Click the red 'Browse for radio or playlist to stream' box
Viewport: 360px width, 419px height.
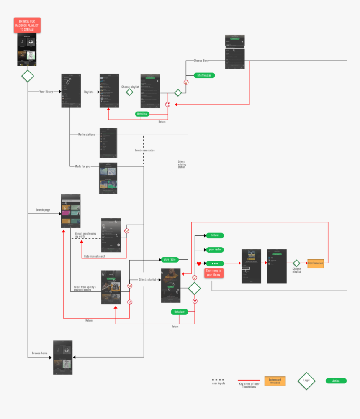click(27, 25)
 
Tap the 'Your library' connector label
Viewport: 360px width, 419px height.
click(46, 92)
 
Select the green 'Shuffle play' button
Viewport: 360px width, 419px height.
click(204, 75)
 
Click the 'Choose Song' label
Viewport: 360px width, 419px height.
click(201, 61)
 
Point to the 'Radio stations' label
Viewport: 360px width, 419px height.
click(86, 135)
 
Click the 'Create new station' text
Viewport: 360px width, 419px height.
click(145, 150)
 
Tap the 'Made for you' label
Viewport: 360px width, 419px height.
click(82, 166)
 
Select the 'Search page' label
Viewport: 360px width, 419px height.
click(43, 210)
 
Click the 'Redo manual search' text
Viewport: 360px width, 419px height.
click(95, 256)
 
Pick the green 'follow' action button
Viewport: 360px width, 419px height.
click(215, 235)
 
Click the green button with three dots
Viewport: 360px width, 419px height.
click(215, 263)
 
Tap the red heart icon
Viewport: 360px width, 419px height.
click(199, 263)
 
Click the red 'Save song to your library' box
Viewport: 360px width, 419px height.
click(214, 273)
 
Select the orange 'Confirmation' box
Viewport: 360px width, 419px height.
click(315, 263)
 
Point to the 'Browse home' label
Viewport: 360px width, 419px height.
click(40, 353)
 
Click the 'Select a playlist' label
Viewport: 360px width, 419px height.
click(147, 279)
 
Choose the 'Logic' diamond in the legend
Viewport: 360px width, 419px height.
click(306, 381)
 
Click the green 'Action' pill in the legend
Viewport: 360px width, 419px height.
click(336, 381)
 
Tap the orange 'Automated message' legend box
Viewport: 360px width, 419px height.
click(275, 381)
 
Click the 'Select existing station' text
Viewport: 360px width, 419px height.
click(181, 164)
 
